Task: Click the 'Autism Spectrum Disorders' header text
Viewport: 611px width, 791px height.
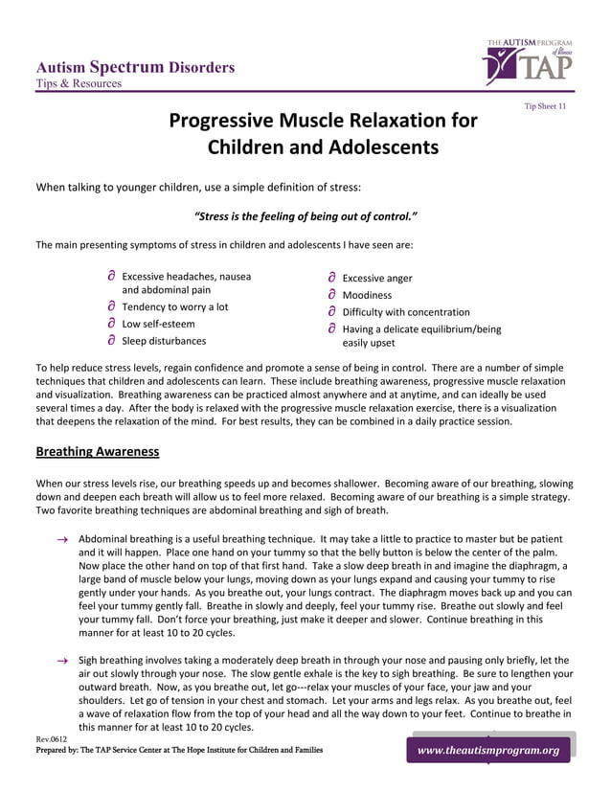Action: [x=135, y=67]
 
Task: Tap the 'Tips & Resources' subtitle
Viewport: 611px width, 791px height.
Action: [x=79, y=83]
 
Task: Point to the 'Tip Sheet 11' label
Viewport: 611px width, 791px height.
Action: [x=544, y=105]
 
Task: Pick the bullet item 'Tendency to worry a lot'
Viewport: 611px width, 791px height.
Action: [x=174, y=306]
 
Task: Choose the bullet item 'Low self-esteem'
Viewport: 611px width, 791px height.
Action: [x=158, y=324]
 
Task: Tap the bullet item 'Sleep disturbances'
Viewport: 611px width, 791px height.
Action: [x=164, y=340]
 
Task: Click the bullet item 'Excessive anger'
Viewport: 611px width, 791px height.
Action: [x=377, y=279]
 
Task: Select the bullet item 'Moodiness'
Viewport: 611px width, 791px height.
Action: [x=367, y=295]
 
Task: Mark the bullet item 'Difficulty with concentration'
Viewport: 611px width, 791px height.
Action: [x=406, y=312]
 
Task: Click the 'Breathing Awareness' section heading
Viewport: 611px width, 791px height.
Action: [x=97, y=450]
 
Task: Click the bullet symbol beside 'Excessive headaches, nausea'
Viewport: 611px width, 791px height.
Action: [x=111, y=277]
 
